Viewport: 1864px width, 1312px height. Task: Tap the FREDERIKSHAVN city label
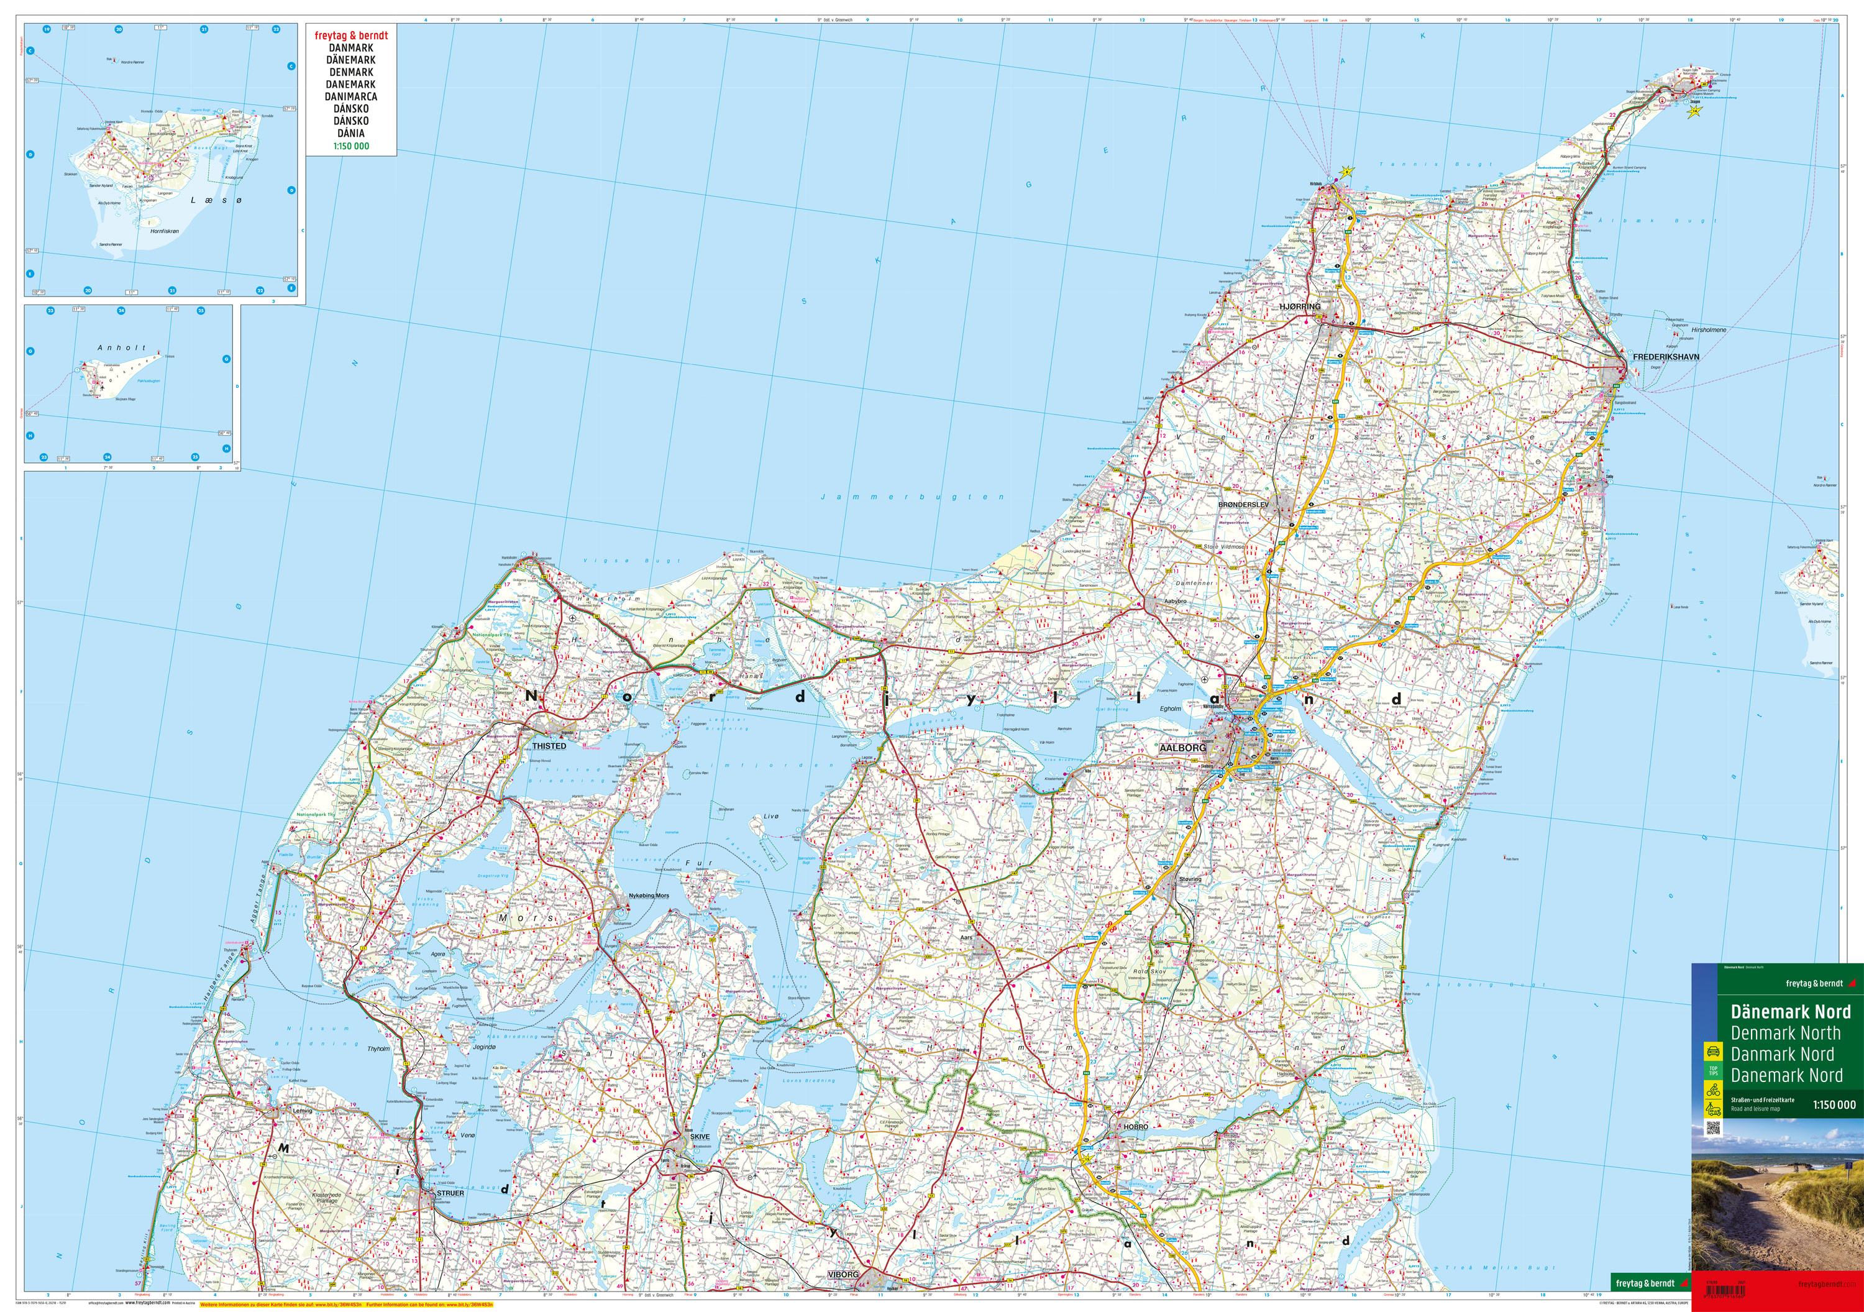(1666, 356)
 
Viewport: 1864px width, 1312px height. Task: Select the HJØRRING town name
(1300, 307)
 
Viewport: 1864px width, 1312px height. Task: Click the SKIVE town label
(699, 1137)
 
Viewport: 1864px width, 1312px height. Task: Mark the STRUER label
(450, 1193)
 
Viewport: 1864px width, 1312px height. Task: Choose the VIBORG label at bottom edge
(843, 1275)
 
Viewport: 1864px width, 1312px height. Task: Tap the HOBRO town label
(1136, 1127)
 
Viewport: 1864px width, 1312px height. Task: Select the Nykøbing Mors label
(649, 896)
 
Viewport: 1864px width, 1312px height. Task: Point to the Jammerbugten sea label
(913, 497)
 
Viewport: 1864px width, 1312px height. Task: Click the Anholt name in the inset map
(121, 347)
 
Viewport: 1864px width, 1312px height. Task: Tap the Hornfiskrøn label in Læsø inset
(164, 231)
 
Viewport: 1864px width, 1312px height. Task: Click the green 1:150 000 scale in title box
(350, 146)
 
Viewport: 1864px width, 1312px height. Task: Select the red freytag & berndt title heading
(350, 35)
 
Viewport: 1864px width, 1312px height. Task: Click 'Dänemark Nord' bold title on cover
(1790, 1012)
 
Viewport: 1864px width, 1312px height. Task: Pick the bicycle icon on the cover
(1713, 1090)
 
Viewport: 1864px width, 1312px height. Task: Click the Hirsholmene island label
(1709, 331)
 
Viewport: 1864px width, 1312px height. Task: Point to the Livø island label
(770, 816)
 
